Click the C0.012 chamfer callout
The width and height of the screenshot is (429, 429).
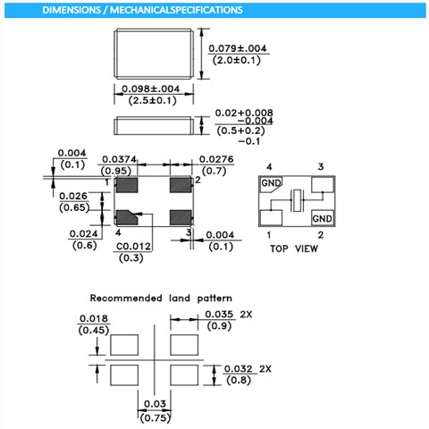coord(134,246)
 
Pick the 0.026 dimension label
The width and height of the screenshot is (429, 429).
coord(73,196)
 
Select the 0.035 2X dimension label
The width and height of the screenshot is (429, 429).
coord(229,315)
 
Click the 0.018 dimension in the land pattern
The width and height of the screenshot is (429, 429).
coord(94,317)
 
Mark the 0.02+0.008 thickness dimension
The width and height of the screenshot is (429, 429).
coord(238,114)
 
